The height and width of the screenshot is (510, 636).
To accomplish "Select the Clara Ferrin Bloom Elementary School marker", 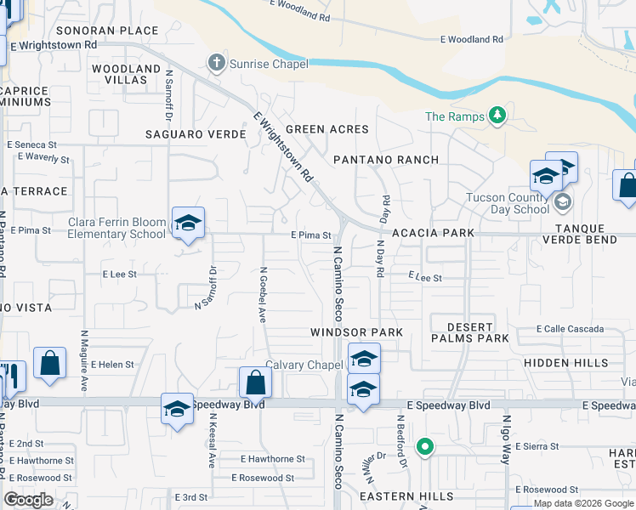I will pos(188,224).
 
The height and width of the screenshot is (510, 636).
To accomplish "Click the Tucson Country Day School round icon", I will pos(561,203).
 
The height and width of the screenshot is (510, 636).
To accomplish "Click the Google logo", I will pos(29,500).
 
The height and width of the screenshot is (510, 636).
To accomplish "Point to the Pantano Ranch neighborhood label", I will pos(386,160).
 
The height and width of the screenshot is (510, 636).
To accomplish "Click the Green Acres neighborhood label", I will pos(327,129).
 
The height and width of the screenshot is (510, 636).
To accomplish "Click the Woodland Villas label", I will pos(126,73).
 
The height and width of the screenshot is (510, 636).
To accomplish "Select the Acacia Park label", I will pos(432,233).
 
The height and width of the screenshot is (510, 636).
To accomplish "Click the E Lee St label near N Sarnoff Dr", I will pos(120,275).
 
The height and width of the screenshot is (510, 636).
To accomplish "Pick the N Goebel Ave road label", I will pos(263,297).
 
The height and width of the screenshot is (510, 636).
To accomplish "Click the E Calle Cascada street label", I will pos(570,329).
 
